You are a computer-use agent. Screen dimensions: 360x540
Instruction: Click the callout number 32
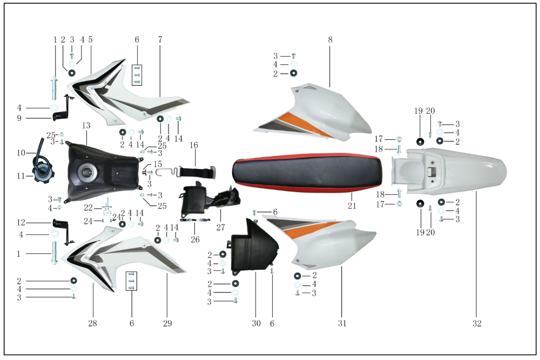[x=477, y=323]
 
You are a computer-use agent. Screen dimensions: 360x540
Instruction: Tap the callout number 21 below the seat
[x=352, y=206]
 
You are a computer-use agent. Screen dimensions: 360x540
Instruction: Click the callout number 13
[x=86, y=125]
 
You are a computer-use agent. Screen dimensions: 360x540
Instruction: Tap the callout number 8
[x=330, y=40]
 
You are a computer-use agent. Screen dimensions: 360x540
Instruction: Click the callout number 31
[x=342, y=323]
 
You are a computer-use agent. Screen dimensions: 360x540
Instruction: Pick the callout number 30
[x=256, y=323]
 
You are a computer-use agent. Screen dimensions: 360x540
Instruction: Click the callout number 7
[x=160, y=40]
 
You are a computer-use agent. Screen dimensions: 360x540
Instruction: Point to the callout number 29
[x=167, y=323]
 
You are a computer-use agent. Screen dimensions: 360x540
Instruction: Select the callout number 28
[x=92, y=323]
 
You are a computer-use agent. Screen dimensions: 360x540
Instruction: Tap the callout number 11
[x=21, y=176]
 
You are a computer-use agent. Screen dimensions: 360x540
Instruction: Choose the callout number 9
[x=19, y=118]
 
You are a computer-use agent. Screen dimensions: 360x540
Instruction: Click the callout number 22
[x=88, y=208]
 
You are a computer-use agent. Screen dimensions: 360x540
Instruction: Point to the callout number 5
[x=90, y=40]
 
